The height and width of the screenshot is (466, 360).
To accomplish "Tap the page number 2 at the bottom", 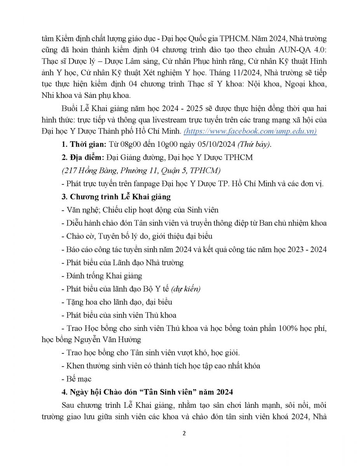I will point(184,433).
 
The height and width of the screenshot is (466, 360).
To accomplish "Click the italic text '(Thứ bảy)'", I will point(254,144).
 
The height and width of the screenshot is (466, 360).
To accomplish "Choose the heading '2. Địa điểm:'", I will point(83,157).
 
